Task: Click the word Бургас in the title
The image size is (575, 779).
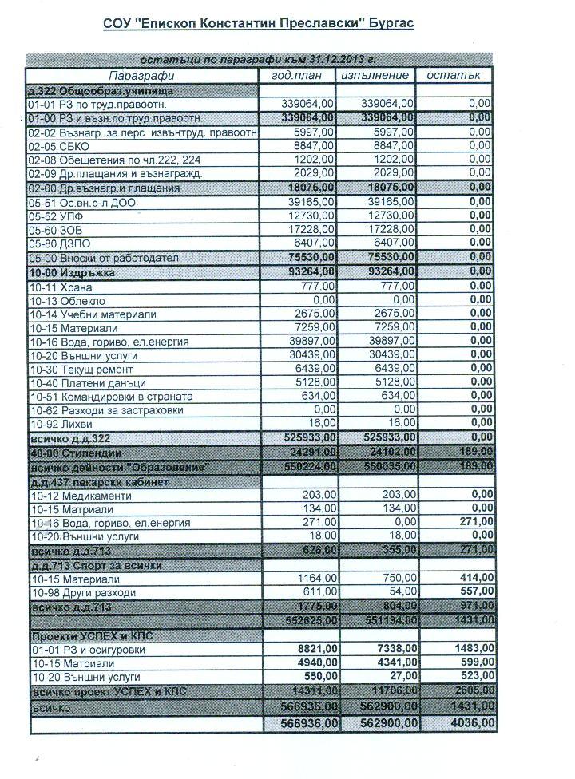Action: pos(391,24)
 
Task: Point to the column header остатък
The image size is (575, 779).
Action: pos(453,75)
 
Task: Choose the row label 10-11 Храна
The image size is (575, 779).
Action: pos(61,286)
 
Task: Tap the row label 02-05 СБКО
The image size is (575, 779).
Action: pos(58,146)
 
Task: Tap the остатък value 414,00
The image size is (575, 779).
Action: pos(472,579)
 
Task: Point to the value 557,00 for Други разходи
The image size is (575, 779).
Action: pos(472,594)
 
